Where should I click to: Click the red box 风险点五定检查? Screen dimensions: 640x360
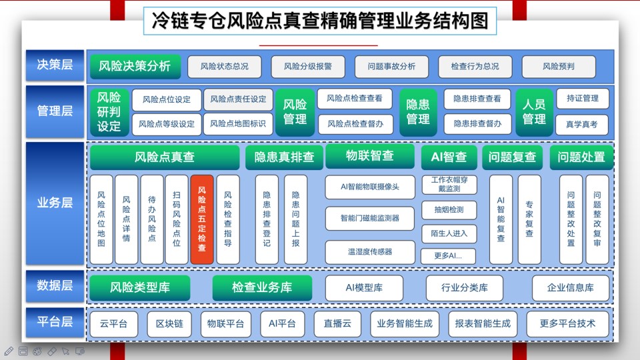201,219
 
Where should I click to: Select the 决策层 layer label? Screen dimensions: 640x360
55,65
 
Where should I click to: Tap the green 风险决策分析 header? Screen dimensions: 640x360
134,66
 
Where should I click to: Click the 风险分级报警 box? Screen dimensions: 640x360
308,67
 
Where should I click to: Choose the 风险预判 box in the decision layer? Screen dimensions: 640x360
559,67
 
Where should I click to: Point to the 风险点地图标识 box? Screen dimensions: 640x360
238,124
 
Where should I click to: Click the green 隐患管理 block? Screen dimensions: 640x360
418,112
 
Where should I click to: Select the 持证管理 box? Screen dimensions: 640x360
583,99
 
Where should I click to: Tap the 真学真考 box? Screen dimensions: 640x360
581,125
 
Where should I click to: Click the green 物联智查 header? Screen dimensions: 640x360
370,155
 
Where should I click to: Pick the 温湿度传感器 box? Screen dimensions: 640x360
370,252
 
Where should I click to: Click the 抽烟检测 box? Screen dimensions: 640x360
449,210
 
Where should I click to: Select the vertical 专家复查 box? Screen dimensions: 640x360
529,219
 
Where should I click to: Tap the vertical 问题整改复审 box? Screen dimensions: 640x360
597,219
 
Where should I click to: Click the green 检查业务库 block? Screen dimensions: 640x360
262,287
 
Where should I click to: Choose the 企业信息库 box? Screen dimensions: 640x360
570,288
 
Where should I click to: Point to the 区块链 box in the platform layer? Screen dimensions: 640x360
169,324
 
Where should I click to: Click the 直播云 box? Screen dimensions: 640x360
337,324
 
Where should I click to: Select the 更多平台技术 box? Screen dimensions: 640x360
567,324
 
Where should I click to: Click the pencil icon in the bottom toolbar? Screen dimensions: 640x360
9,351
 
